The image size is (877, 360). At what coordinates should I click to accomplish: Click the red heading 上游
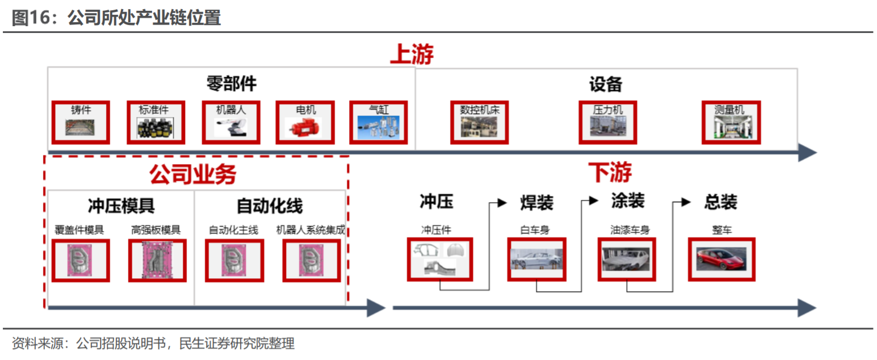(412, 55)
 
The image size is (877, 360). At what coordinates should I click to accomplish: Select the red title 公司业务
(192, 174)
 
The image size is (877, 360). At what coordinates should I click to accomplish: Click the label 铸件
(81, 110)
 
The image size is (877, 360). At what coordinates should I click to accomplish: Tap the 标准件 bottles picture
(155, 128)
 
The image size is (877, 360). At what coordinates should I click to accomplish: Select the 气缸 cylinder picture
(379, 127)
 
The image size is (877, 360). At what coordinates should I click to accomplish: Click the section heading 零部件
(231, 84)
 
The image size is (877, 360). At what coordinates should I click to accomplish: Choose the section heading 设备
(606, 84)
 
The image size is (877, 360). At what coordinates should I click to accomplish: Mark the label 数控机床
(480, 110)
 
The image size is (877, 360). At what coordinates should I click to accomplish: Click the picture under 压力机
(608, 127)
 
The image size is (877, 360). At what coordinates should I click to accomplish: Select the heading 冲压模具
(121, 205)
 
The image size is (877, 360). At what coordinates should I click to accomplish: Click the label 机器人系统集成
(310, 230)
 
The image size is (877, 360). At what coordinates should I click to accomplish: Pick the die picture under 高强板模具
(157, 261)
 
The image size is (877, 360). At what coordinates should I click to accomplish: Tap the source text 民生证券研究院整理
(237, 343)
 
